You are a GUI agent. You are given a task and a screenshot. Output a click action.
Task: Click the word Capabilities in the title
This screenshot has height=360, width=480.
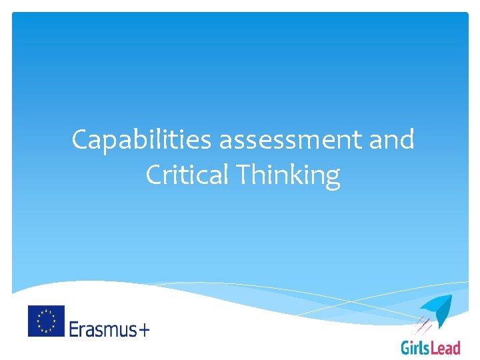(142, 141)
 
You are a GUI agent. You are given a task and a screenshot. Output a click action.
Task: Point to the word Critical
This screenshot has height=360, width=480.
(186, 175)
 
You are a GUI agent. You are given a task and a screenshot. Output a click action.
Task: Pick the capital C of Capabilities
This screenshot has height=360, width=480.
(81, 141)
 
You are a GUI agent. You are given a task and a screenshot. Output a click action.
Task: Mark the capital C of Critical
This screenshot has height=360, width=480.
(154, 175)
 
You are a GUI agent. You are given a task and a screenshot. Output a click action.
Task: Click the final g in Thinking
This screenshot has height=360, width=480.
(332, 179)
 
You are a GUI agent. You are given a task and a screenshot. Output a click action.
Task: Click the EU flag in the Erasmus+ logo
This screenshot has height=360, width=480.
(46, 321)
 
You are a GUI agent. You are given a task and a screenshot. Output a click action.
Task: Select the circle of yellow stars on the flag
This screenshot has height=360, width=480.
(46, 321)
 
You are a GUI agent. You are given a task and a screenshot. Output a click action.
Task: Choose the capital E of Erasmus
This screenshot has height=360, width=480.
(74, 328)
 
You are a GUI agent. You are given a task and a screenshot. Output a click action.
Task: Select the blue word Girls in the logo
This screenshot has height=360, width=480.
(417, 347)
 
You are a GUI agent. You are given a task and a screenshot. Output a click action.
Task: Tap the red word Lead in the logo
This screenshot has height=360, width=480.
(447, 347)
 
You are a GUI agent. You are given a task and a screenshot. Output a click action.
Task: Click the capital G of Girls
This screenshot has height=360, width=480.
(406, 347)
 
